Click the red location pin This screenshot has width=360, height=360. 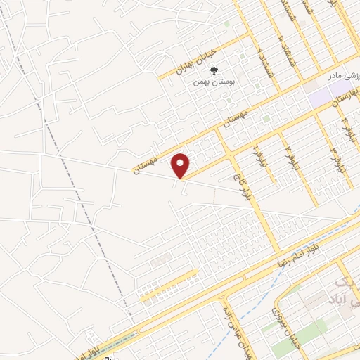pyautogui.click(x=181, y=165)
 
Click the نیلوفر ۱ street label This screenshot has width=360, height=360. pyautogui.click(x=258, y=150)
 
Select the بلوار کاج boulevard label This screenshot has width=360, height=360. pyautogui.click(x=239, y=184)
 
